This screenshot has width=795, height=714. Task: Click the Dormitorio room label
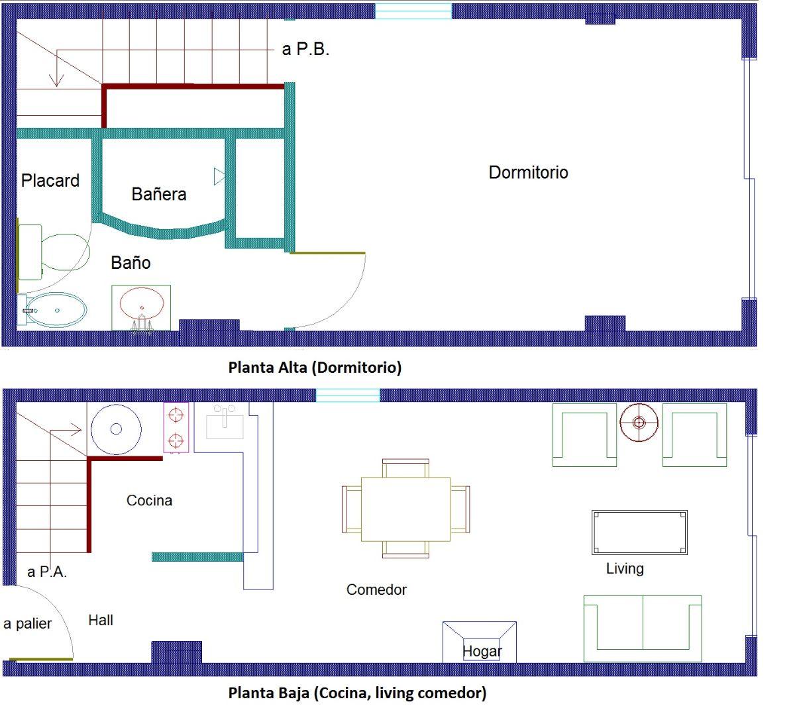528,173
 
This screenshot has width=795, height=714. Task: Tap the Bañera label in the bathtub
159,194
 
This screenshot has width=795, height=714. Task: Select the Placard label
50,180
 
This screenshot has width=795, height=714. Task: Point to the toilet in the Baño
54,252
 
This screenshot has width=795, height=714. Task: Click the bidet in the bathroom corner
52,309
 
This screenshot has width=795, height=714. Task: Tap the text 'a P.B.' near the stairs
305,49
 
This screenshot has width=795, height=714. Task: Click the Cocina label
150,501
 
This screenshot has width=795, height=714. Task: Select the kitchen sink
225,422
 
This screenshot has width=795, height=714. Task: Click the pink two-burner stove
176,428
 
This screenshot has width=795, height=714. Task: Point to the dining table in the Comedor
405,509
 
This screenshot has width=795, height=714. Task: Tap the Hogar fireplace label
482,651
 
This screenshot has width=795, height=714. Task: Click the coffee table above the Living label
639,533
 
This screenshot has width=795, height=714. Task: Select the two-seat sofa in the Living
643,628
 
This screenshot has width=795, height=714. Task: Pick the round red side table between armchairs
639,423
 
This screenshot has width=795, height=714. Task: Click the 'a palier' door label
27,624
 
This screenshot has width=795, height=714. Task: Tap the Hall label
101,620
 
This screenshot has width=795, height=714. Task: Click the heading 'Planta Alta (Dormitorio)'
315,368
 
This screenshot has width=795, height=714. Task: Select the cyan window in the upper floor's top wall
413,11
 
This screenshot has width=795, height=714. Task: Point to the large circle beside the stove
116,429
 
